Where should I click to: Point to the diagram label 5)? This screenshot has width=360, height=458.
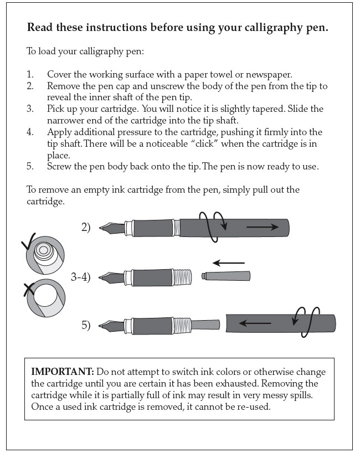pyautogui.click(x=85, y=325)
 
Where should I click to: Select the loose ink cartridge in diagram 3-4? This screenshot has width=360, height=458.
pyautogui.click(x=226, y=275)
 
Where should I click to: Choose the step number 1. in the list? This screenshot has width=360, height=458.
pyautogui.click(x=30, y=74)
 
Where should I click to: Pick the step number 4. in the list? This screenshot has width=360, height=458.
pyautogui.click(x=30, y=132)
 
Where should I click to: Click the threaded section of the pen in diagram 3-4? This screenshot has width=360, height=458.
pyautogui.click(x=183, y=276)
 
